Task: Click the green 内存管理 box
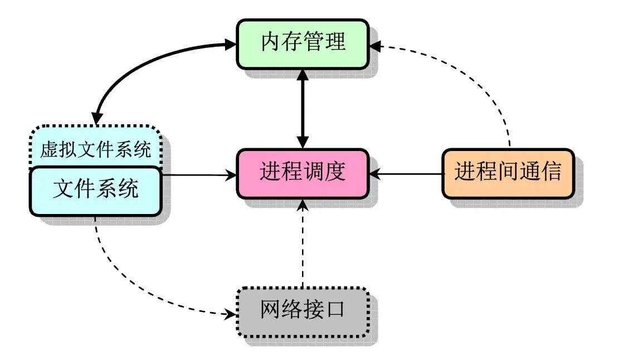point(303,43)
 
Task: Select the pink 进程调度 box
point(303,173)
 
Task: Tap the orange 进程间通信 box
point(508,173)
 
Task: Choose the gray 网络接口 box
point(303,312)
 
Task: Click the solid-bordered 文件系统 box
point(95,191)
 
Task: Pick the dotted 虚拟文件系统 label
point(95,150)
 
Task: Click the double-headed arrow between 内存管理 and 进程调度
point(302,109)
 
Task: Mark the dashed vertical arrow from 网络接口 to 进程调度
point(303,245)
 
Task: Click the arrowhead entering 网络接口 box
point(230,314)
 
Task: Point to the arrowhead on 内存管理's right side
point(375,47)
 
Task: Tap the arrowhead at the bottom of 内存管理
point(302,75)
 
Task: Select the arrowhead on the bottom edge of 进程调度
point(303,205)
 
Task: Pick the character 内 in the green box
point(270,43)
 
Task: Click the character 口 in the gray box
point(335,311)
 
